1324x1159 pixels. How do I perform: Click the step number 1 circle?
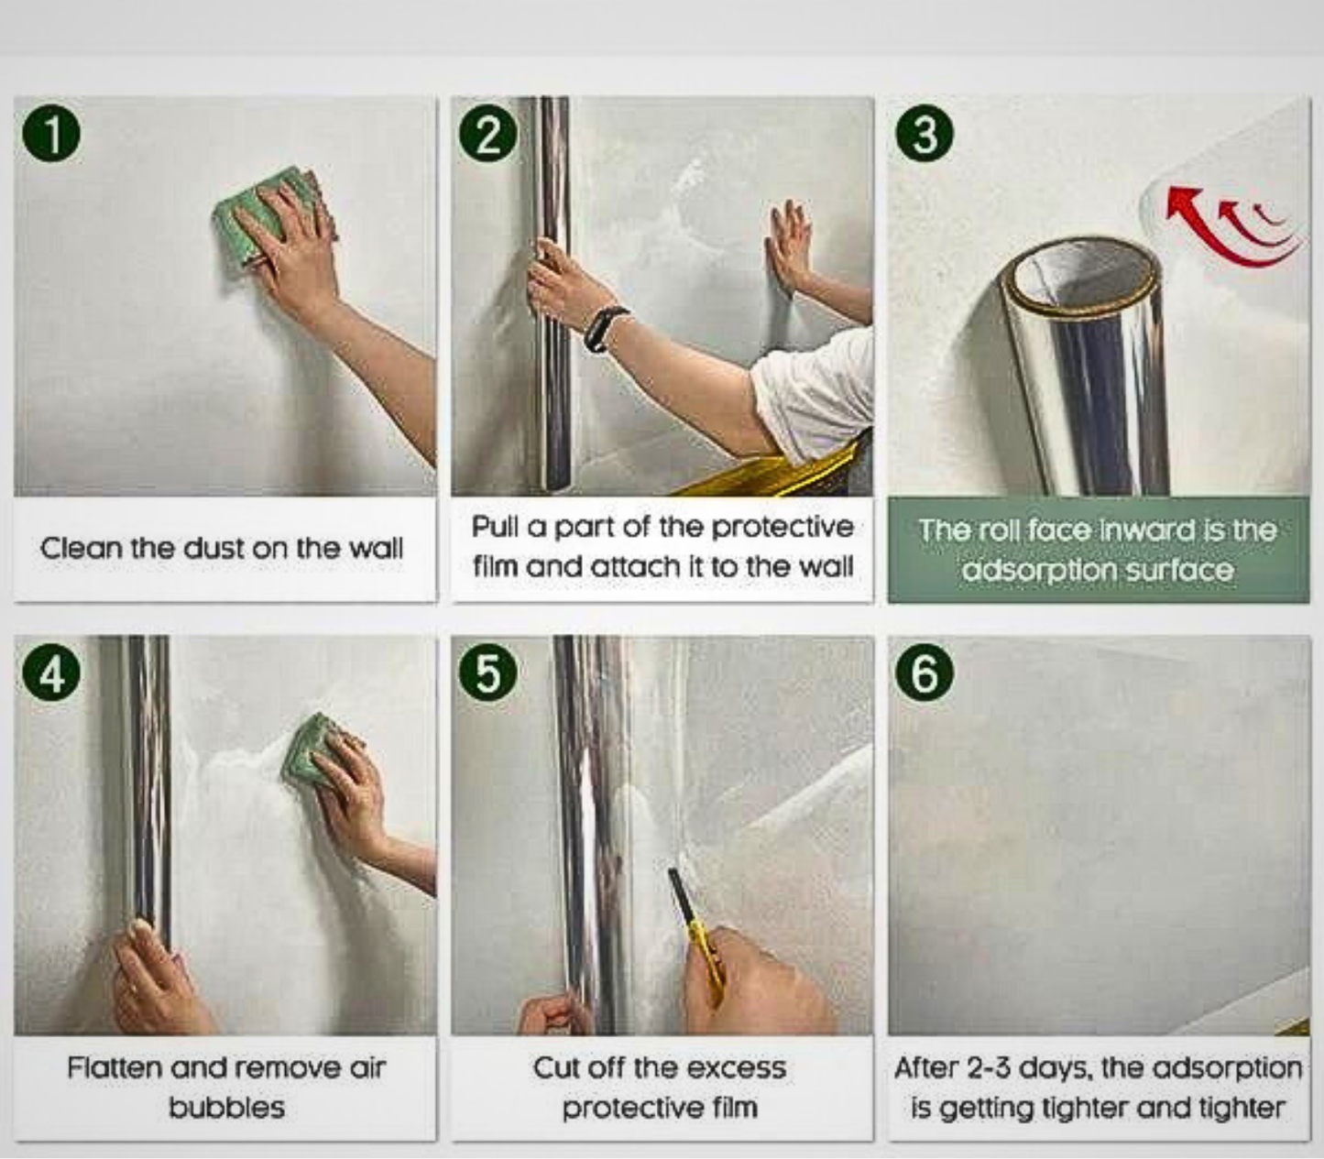(x=51, y=135)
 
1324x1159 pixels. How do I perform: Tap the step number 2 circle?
(x=488, y=135)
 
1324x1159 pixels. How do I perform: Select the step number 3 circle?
(x=925, y=135)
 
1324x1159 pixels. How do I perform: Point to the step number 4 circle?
(x=51, y=674)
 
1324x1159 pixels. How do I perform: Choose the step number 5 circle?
(x=488, y=674)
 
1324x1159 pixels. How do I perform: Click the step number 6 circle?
(x=925, y=674)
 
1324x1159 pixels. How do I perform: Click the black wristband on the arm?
(x=605, y=328)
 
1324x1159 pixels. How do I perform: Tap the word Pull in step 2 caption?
(x=496, y=527)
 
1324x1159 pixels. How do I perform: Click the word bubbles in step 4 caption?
(x=226, y=1108)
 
